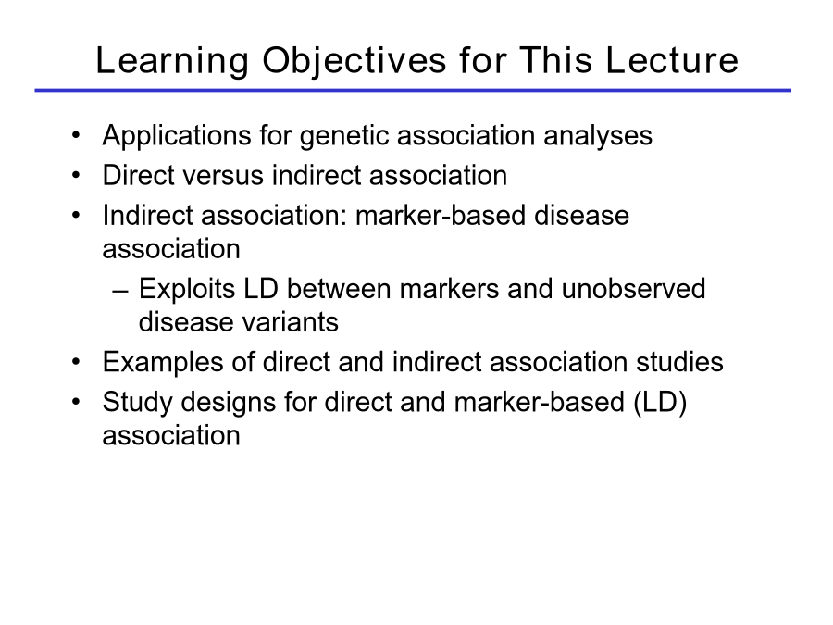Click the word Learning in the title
(x=172, y=61)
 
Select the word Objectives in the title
(x=354, y=61)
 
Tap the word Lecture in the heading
(x=672, y=60)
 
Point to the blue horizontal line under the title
(x=413, y=91)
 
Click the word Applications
(x=177, y=136)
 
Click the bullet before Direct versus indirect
(x=76, y=175)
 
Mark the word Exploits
(x=186, y=290)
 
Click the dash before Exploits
(x=120, y=291)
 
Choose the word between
(x=339, y=289)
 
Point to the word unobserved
(x=633, y=289)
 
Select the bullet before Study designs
(x=76, y=401)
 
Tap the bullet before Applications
(x=76, y=135)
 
